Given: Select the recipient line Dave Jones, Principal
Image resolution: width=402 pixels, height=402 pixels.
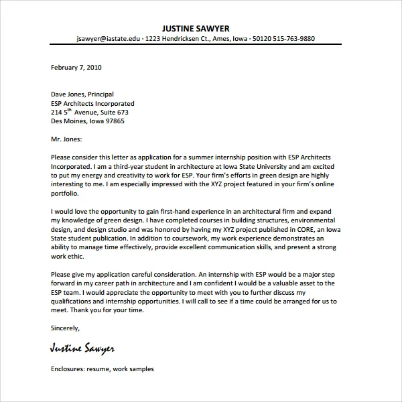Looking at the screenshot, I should (x=82, y=94).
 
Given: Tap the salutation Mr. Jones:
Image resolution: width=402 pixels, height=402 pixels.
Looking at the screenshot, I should (x=66, y=139).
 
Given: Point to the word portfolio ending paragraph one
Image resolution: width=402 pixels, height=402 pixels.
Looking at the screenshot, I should (x=64, y=193).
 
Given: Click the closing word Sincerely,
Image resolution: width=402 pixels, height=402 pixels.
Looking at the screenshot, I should (x=66, y=328).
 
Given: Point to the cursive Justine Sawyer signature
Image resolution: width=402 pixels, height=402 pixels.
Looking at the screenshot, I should (x=82, y=348).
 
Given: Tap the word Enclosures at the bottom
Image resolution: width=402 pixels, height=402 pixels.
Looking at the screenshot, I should (x=69, y=368).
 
